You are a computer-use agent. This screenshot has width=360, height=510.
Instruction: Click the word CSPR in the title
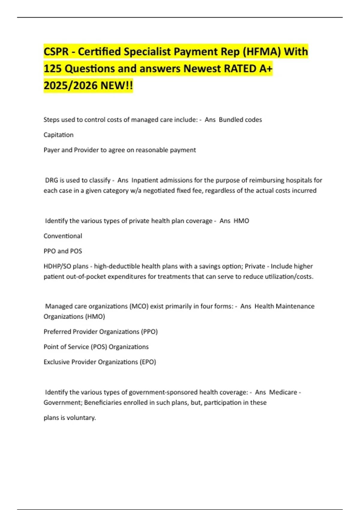coord(56,52)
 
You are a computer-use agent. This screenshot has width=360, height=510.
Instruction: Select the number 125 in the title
coord(52,69)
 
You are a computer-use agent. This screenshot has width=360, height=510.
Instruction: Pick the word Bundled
coord(230,120)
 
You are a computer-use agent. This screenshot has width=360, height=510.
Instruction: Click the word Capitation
coord(58,135)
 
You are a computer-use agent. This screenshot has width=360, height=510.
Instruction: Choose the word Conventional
coord(63,236)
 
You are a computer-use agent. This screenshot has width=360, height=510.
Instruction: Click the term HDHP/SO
coord(57,266)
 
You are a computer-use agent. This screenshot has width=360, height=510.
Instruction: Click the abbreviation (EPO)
coord(148,362)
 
